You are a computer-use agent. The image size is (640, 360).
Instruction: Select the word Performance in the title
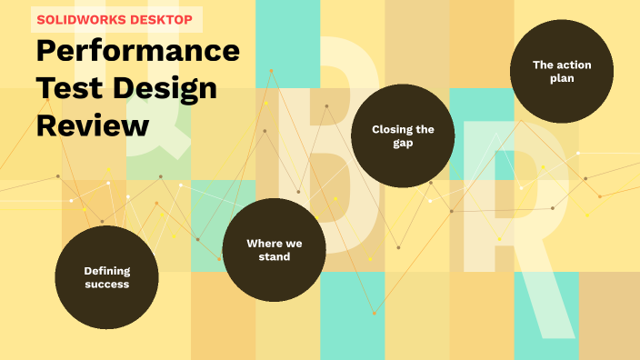click(138, 51)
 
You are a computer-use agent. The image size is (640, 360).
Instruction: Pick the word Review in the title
click(92, 125)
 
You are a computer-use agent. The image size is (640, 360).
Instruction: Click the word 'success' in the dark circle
click(107, 285)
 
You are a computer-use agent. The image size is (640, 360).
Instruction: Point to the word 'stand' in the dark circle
click(274, 257)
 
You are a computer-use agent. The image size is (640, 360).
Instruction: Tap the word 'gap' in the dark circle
click(403, 143)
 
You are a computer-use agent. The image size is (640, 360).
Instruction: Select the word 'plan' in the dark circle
click(562, 78)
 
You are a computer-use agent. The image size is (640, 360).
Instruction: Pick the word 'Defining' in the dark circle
click(107, 270)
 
